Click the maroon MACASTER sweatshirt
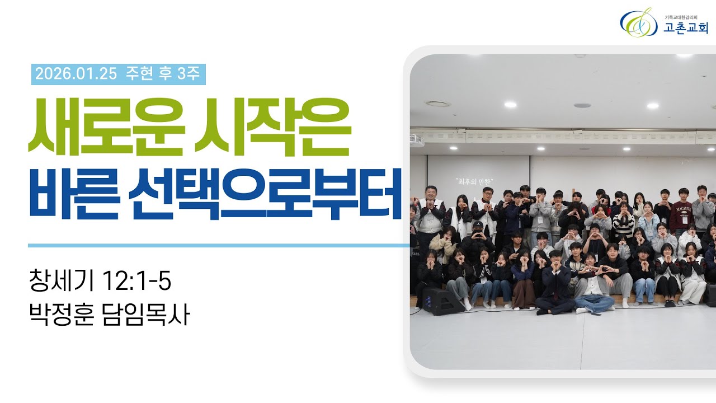point(681,216)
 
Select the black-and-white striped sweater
point(623,224)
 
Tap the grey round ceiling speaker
point(582,105)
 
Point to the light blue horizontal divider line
point(218,245)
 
